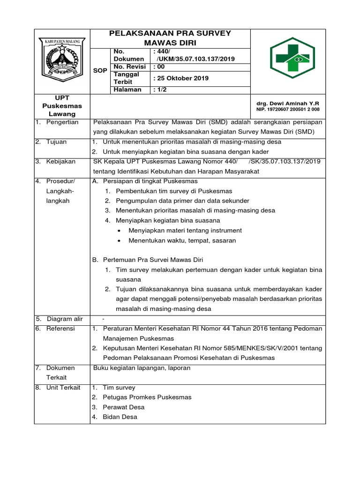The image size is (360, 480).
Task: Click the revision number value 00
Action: tap(160, 67)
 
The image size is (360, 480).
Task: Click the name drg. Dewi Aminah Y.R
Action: tap(288, 103)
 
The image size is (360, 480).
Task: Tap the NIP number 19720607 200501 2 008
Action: tap(288, 109)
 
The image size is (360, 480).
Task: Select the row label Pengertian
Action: tap(62, 122)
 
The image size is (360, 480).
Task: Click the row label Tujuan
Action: tap(56, 142)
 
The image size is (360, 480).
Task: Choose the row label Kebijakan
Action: tap(60, 161)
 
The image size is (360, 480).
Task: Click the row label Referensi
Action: tap(60, 329)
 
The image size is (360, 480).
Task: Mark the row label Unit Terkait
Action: tap(63, 388)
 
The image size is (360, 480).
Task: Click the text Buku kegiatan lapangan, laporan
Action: tap(142, 368)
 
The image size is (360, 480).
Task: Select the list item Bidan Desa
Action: tap(120, 417)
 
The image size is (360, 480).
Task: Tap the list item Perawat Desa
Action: tap(124, 407)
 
